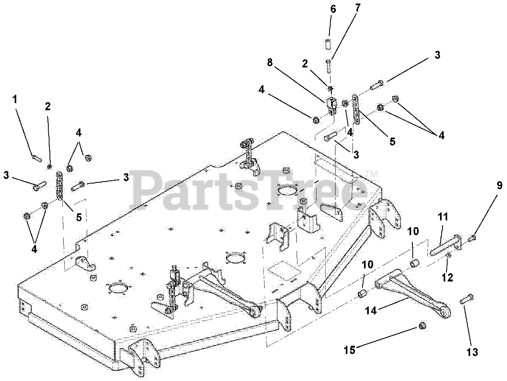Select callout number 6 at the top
333,9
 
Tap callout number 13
472,352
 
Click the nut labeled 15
422,326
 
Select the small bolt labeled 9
473,238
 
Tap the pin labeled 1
36,158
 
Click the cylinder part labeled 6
328,44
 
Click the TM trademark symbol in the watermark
371,174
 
